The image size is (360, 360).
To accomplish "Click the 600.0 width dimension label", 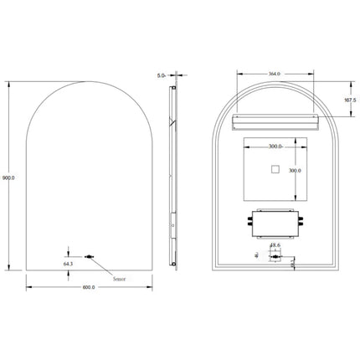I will click(89, 287).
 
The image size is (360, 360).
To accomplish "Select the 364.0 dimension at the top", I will click(273, 73).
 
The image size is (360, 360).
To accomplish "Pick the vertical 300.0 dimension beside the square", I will click(294, 171).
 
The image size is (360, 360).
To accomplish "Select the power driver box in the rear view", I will click(272, 224).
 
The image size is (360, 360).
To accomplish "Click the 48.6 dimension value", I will click(274, 245).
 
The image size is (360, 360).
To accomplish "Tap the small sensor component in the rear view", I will click(274, 257).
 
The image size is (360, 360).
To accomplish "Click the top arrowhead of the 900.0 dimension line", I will click(10, 84).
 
